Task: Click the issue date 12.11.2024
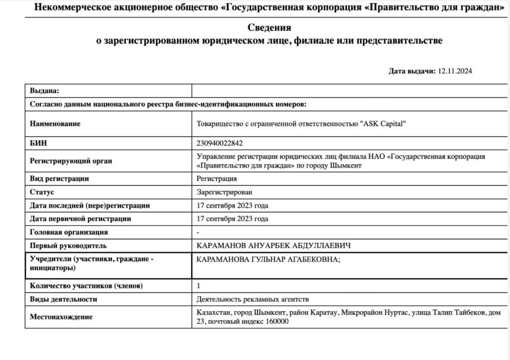(455, 71)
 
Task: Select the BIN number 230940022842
(220, 143)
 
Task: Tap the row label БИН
(38, 143)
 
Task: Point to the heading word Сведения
(269, 28)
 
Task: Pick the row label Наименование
(55, 123)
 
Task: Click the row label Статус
(42, 192)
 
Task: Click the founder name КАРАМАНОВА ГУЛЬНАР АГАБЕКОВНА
(269, 259)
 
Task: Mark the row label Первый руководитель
(68, 245)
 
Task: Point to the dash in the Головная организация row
(198, 232)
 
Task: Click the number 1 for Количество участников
(199, 286)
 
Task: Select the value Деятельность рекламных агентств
(253, 299)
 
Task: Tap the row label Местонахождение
(61, 317)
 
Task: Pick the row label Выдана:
(44, 91)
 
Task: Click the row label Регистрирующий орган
(71, 161)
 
